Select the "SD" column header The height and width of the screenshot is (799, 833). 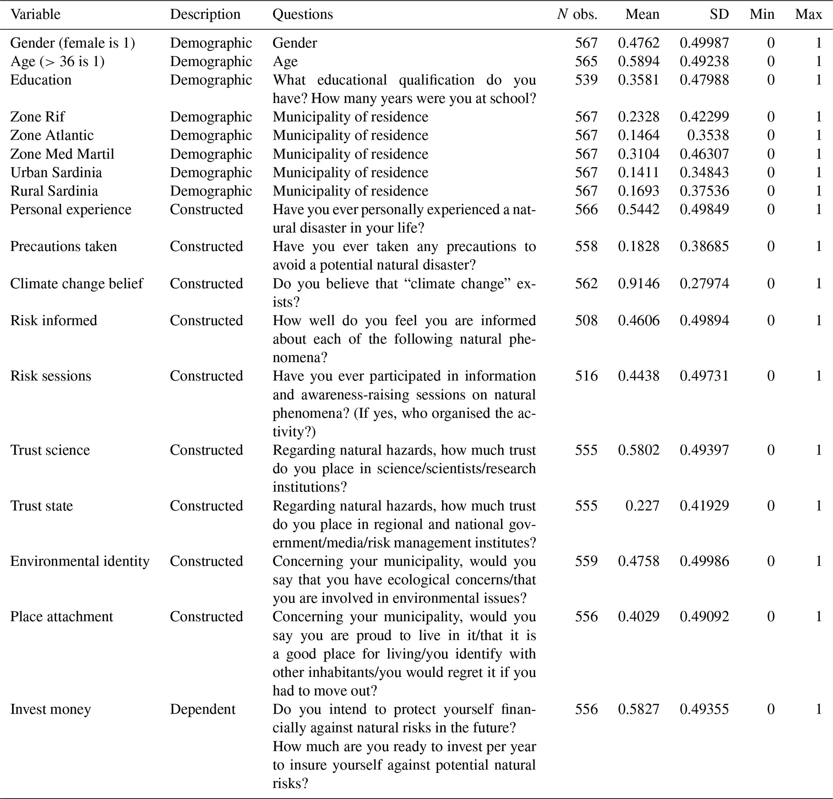[x=719, y=15]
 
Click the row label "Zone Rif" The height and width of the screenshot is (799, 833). [x=37, y=117]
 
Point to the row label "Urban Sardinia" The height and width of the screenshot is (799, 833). [x=56, y=172]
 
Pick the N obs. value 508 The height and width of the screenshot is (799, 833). [x=586, y=320]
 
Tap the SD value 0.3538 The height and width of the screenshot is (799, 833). [x=708, y=135]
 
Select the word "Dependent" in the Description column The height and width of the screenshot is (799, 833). [x=202, y=709]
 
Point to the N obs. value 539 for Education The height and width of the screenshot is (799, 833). [x=586, y=80]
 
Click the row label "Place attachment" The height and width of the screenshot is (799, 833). [x=62, y=616]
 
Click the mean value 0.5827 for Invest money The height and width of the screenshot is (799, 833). [x=638, y=709]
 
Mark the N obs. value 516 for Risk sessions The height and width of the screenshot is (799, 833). [x=586, y=376]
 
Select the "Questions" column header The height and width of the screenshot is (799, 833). [x=303, y=15]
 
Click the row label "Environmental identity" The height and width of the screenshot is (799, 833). [x=80, y=561]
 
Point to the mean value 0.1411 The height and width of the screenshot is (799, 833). [x=638, y=172]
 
